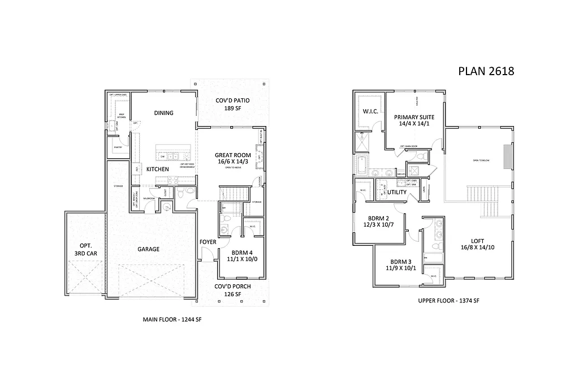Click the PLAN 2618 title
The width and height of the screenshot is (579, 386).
(x=485, y=71)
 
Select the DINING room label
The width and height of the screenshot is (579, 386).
(x=163, y=113)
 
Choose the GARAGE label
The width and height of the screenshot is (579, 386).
(x=148, y=249)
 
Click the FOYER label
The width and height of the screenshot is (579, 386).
(x=208, y=242)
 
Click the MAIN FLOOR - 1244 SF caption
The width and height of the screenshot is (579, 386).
(x=172, y=320)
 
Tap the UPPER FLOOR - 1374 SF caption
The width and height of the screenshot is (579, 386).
(x=449, y=301)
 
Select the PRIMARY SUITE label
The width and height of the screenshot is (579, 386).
(x=414, y=117)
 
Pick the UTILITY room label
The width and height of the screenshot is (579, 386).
(x=397, y=193)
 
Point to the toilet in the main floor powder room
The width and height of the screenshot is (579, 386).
(x=180, y=193)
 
